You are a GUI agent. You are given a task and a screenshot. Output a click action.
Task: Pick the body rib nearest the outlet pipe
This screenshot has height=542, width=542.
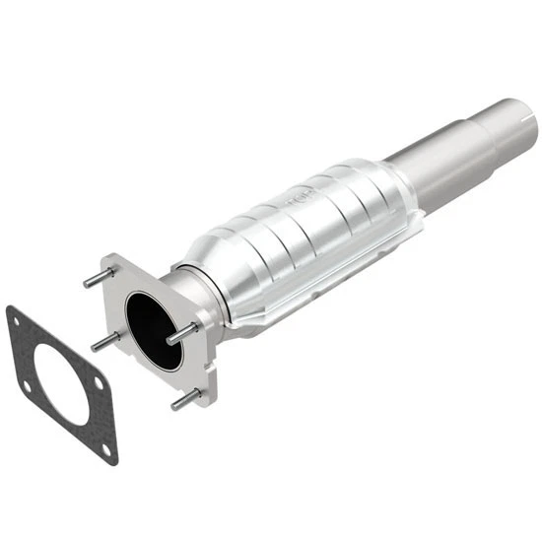(370, 187)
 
